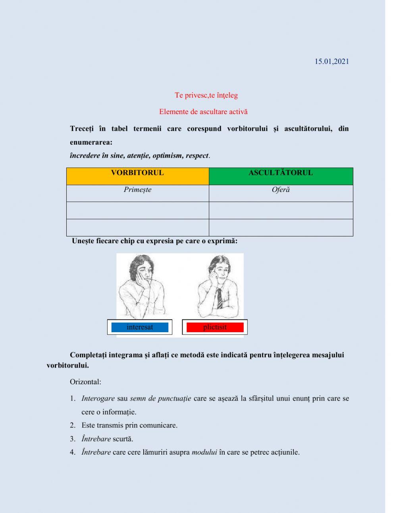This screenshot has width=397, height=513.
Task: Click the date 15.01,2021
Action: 331,61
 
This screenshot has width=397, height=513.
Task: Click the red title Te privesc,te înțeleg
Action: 206,95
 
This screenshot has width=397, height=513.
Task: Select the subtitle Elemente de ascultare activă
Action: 203,112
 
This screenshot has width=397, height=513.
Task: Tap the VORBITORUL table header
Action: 137,173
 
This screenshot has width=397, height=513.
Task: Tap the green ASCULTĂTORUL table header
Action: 280,173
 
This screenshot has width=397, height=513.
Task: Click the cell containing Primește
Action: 137,190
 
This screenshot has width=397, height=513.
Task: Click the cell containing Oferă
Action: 280,190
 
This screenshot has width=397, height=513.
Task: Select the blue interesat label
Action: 140,327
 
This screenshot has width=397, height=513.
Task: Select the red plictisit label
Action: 215,327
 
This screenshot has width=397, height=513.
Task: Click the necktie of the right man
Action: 220,298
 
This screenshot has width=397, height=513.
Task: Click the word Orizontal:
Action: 85,382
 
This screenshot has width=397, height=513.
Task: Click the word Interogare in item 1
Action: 98,399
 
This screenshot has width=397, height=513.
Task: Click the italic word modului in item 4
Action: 204,452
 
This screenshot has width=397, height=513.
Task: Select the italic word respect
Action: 197,156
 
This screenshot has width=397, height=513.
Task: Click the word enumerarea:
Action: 91,142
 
